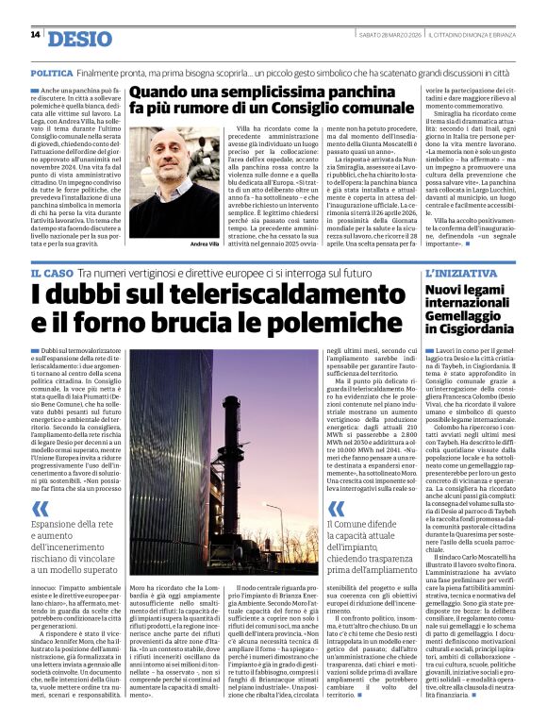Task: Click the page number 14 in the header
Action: [35, 35]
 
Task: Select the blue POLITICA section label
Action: [51, 73]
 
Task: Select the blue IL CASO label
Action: [51, 272]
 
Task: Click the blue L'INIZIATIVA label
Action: [448, 272]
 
